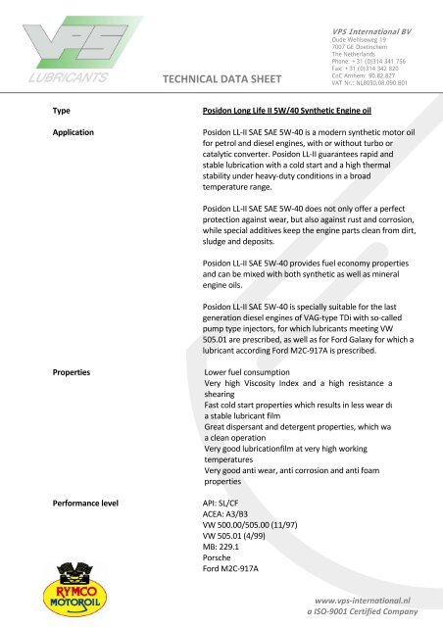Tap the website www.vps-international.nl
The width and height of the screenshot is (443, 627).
[x=360, y=594]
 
